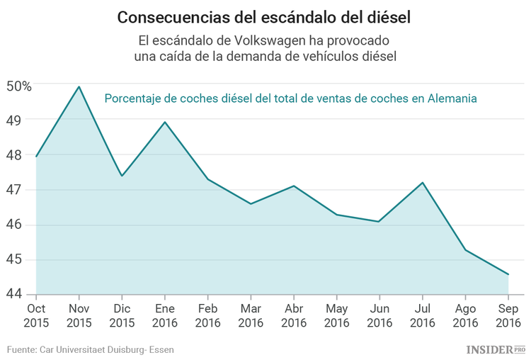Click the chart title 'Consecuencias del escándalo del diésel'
pos(265,16)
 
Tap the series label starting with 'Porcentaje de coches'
pos(290,99)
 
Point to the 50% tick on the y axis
pos(19,86)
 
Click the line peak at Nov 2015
pos(79,86)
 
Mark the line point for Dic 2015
pos(122,176)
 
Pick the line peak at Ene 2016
pos(165,122)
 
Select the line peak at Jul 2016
pos(423,183)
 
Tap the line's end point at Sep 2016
pos(508,274)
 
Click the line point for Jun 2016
pos(379,222)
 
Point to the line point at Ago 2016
pos(465,249)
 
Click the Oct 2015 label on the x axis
pos(35,315)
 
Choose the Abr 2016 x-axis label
pos(293,315)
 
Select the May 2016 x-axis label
pos(336,315)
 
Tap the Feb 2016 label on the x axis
pos(207,315)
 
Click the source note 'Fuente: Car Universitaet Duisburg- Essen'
pos(90,349)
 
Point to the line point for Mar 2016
pos(251,204)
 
